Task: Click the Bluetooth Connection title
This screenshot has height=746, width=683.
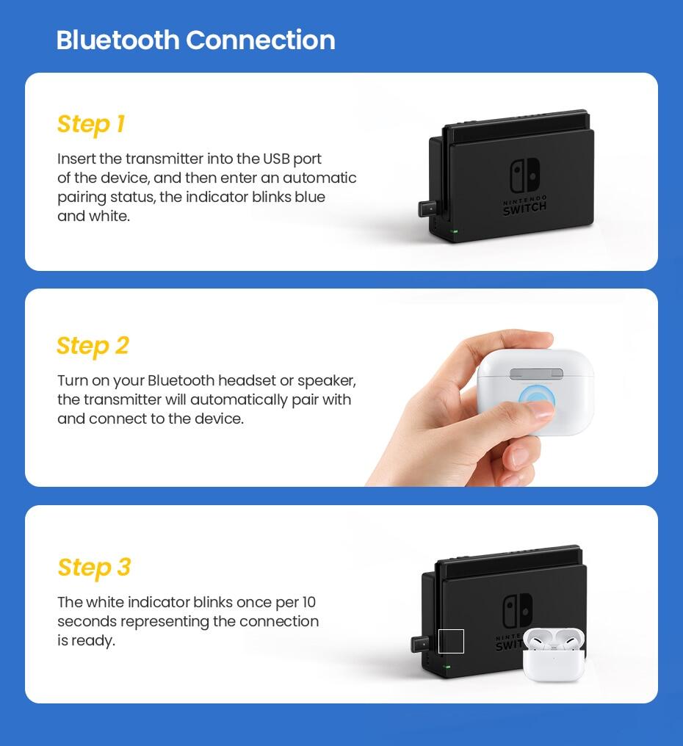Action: click(195, 40)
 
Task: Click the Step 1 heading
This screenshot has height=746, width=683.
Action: click(91, 124)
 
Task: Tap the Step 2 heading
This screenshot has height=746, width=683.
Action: click(93, 346)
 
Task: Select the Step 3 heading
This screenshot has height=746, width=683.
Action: click(94, 568)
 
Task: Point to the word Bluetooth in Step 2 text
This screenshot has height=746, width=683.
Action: click(181, 380)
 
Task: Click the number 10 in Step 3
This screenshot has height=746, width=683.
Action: click(308, 602)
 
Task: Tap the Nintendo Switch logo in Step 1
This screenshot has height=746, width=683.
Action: click(524, 176)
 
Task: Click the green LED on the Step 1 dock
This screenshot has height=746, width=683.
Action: click(455, 231)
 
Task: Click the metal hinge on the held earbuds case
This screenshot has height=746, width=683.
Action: click(536, 374)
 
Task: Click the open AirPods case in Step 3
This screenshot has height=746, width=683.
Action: click(554, 653)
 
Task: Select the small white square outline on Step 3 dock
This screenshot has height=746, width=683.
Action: click(451, 641)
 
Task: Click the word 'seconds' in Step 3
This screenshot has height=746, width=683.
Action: click(87, 621)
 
